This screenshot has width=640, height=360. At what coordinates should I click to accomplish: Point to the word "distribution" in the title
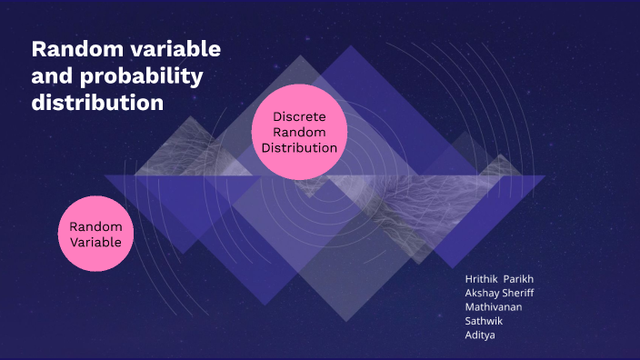click(x=97, y=103)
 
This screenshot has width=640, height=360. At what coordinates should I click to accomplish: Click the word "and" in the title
click(x=51, y=75)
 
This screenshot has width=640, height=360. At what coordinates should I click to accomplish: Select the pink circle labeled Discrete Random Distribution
click(x=299, y=133)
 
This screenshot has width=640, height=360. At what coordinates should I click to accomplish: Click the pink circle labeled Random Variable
click(x=95, y=234)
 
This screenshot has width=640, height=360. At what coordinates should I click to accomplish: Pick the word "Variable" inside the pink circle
click(x=95, y=242)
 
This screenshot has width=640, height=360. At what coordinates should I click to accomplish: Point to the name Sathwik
click(x=484, y=320)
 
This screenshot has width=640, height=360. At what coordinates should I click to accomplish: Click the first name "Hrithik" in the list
click(x=483, y=279)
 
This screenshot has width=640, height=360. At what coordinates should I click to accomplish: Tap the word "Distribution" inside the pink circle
click(x=299, y=148)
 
